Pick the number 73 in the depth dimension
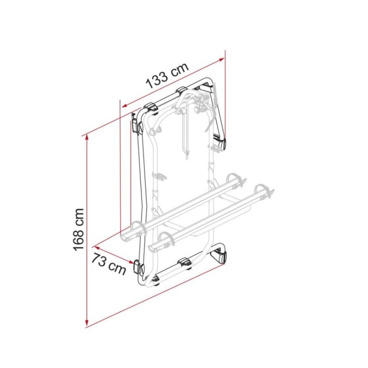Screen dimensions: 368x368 (99, 260)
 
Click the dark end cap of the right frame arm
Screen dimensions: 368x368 (221, 141)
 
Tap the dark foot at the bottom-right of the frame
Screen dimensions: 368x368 (220, 257)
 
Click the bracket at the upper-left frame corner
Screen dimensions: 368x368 (135, 124)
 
